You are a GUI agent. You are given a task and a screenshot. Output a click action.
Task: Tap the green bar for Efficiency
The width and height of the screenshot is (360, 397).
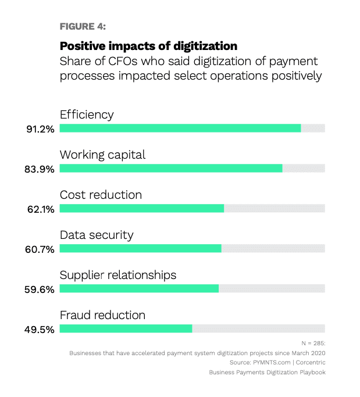coord(180,128)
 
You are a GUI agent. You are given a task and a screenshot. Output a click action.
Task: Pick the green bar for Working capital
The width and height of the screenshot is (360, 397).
coord(171,168)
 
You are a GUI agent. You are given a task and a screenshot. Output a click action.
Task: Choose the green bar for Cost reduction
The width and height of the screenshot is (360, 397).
coord(142,208)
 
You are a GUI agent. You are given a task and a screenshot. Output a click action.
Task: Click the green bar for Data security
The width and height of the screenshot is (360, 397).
coord(141,248)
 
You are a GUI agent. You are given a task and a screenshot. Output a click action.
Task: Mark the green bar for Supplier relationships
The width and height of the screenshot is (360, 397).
coord(139,288)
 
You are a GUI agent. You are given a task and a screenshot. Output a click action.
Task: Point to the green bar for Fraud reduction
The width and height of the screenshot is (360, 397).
coord(126,328)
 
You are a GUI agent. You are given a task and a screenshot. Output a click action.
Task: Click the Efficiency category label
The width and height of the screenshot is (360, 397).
coord(87,115)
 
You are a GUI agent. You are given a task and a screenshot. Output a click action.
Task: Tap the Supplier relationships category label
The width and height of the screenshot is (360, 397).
coord(118,275)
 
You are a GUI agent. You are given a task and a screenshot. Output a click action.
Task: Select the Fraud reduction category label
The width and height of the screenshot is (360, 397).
coord(102,315)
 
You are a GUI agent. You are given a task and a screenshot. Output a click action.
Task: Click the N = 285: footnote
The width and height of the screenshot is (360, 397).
coord(313,344)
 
